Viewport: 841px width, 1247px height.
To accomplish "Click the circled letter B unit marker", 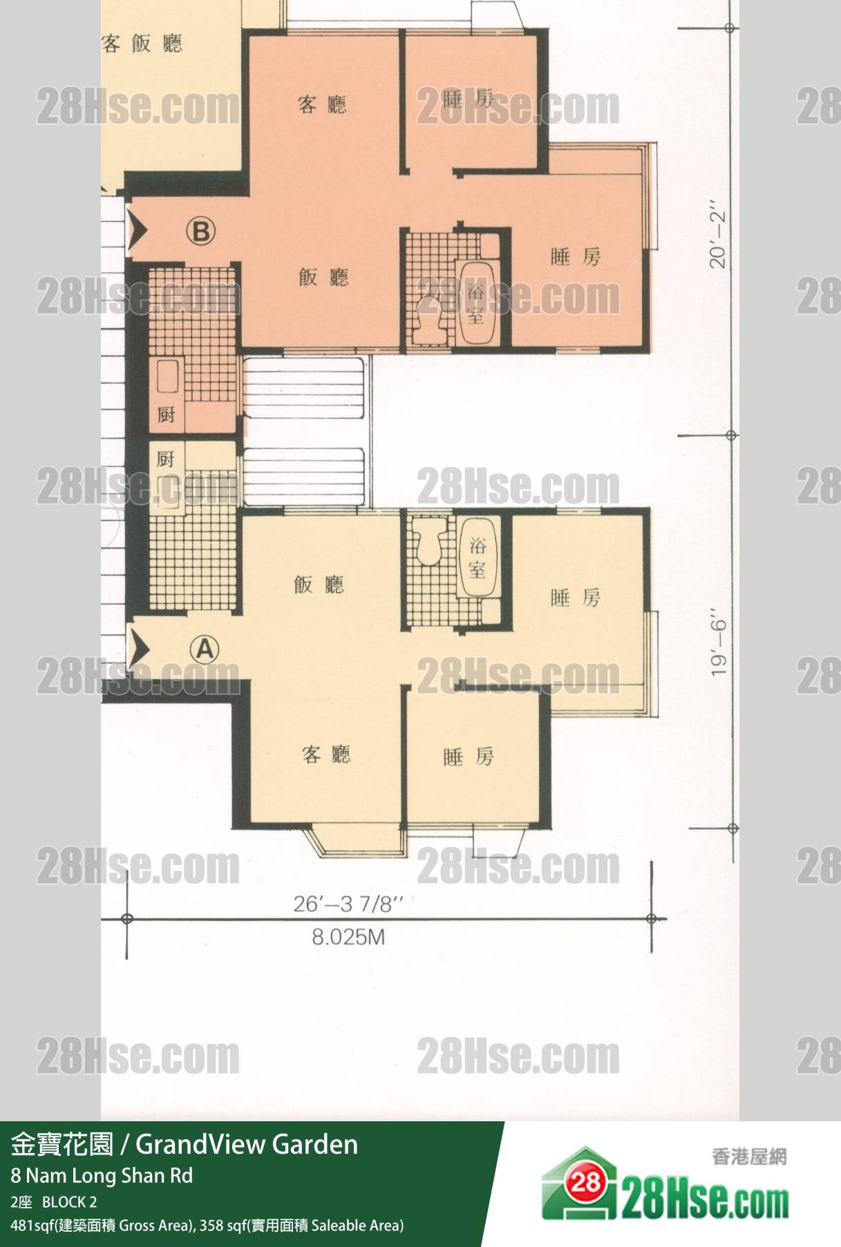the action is [x=200, y=231].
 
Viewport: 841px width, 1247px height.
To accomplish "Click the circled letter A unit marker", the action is [x=205, y=649].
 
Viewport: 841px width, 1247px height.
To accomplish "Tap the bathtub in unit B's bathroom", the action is [x=475, y=303].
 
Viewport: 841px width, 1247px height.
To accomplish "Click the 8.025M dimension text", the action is [x=348, y=937].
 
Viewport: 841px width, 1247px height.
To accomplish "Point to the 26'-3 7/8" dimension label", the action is [x=348, y=904].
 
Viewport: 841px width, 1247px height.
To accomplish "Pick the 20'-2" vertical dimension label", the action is [x=718, y=236].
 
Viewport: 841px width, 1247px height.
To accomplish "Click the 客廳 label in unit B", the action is [x=322, y=105].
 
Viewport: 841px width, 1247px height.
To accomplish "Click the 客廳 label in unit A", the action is [x=326, y=754].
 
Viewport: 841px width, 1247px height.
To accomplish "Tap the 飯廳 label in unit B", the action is [x=323, y=277].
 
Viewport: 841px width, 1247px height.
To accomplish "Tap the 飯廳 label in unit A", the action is [x=319, y=584].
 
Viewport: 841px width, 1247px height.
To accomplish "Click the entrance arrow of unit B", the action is [x=137, y=230].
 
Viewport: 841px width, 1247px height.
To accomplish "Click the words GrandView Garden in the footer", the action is [x=247, y=1145].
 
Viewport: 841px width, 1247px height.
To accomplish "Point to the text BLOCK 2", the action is [x=69, y=1202].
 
